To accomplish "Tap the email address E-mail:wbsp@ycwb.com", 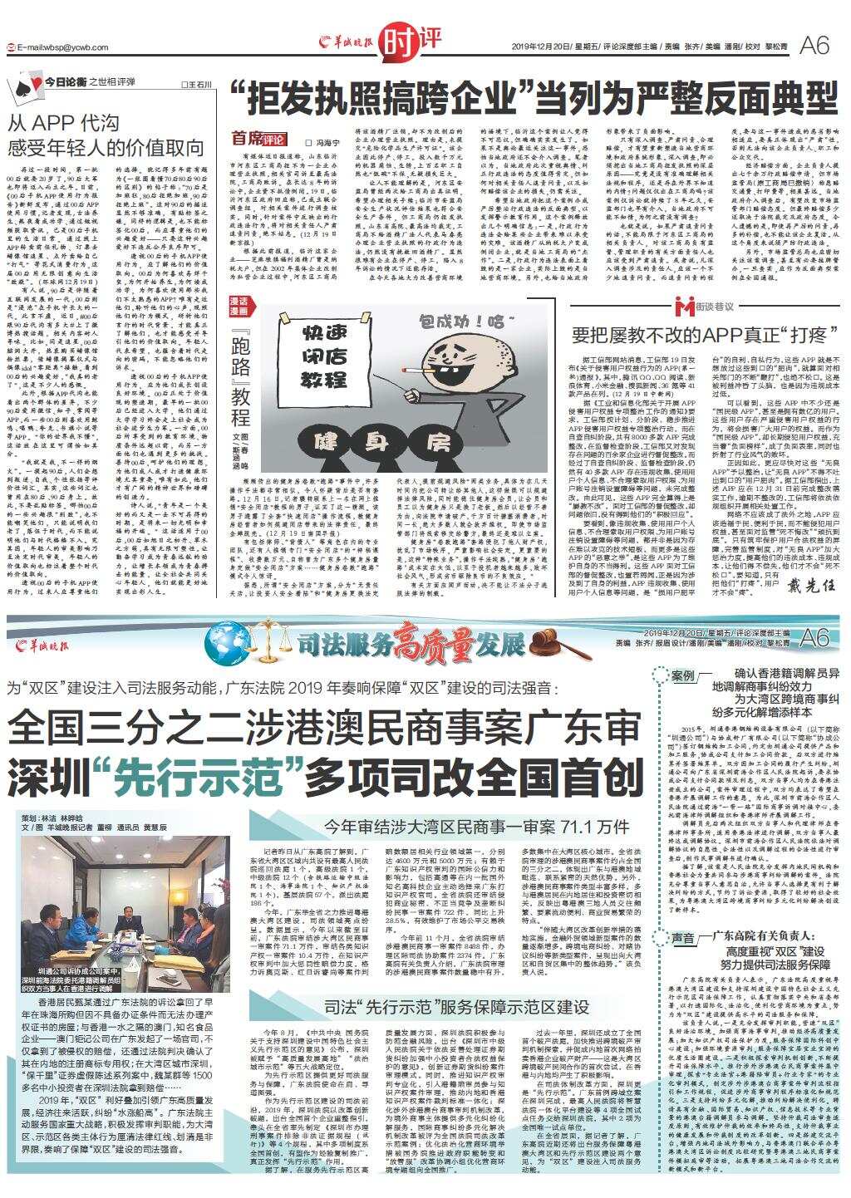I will coord(58,47).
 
